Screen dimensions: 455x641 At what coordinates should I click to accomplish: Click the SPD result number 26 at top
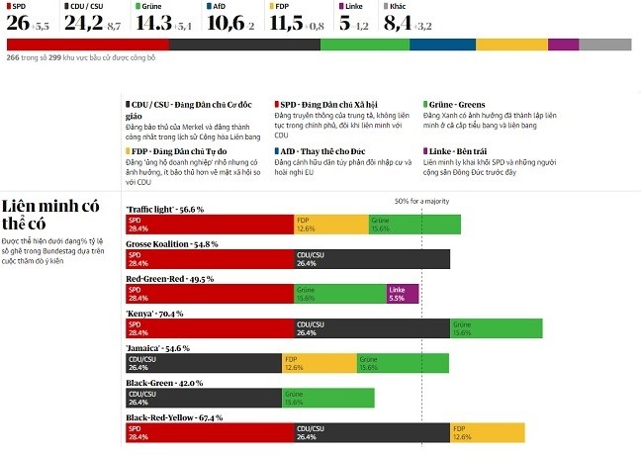pos(17,23)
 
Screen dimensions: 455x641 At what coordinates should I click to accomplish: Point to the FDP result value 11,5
pos(287,23)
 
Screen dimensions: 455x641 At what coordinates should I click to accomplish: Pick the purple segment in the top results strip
pos(563,45)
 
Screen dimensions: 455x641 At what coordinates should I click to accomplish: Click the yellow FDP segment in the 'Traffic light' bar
pos(330,224)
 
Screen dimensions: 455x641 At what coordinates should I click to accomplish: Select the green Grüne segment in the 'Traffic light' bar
pos(413,224)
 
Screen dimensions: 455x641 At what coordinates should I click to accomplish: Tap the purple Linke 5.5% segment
pos(403,294)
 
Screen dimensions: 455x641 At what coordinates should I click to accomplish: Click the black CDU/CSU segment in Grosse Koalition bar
pos(372,259)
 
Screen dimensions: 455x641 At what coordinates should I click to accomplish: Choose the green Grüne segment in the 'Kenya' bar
pos(496,329)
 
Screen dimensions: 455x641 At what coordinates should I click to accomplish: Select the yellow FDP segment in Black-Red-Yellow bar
pos(487,433)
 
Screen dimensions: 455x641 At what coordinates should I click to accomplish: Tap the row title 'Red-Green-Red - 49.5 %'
pos(170,279)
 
